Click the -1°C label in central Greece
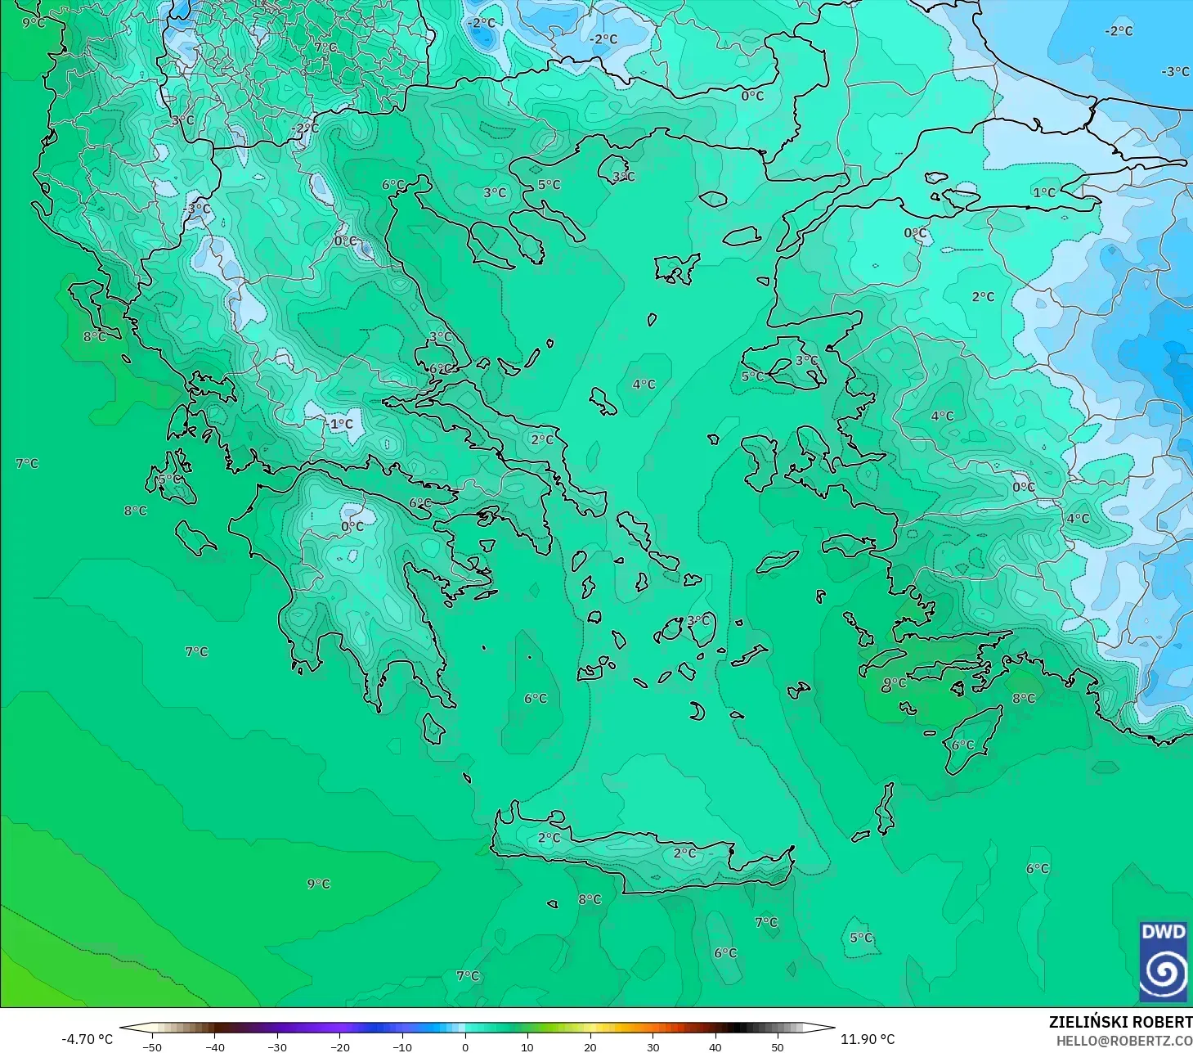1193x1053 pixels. (339, 424)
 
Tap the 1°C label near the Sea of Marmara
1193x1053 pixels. (1043, 193)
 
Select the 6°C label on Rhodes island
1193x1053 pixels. (962, 745)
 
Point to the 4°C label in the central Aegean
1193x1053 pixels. (644, 385)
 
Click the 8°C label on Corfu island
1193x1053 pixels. (94, 336)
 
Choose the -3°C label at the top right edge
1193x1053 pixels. (1175, 72)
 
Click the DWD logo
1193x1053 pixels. (1163, 961)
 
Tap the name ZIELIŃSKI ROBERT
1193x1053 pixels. (1120, 1022)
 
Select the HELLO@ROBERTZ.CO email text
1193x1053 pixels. (1123, 1041)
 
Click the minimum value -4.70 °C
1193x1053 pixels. (87, 1039)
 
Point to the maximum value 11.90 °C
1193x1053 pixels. (868, 1039)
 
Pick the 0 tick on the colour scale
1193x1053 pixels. (464, 1046)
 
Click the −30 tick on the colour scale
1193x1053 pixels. (277, 1046)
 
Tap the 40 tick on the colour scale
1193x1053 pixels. (715, 1046)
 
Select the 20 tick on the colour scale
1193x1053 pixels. (590, 1046)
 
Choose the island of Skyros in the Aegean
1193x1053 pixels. (603, 402)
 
